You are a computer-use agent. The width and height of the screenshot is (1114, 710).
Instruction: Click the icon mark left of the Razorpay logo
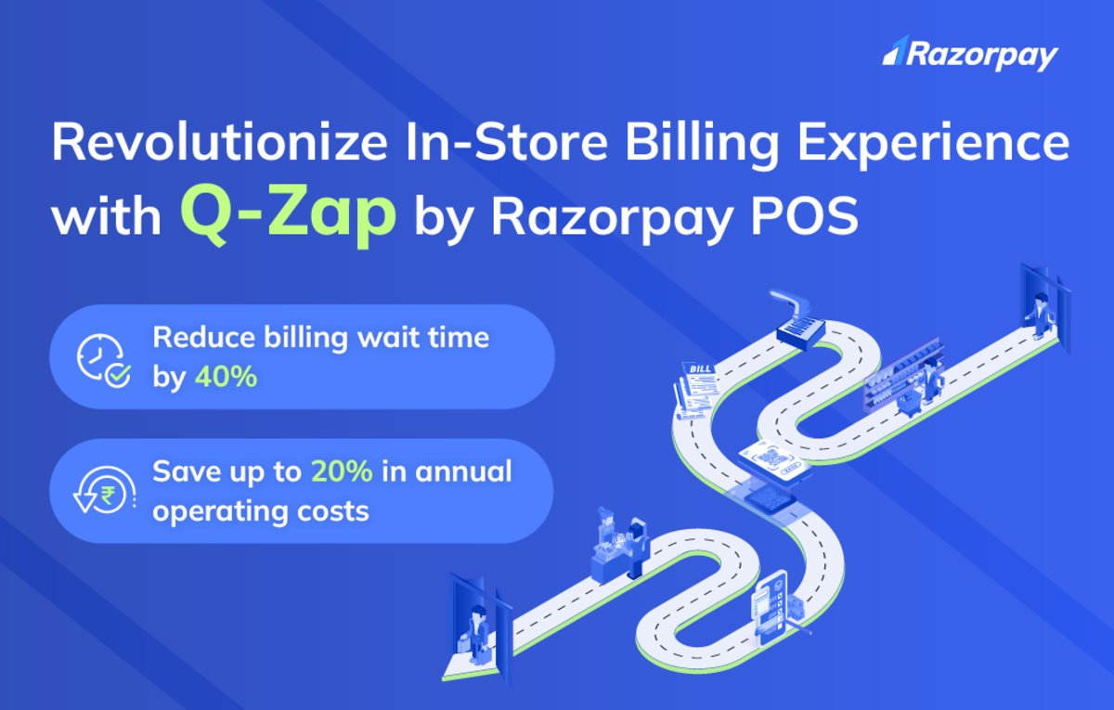click(x=895, y=51)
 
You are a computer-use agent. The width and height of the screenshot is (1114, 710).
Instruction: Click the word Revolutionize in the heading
click(x=220, y=142)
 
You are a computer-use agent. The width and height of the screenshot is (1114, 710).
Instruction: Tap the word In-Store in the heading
click(x=507, y=142)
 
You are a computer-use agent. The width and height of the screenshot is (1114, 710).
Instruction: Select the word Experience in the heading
click(x=934, y=146)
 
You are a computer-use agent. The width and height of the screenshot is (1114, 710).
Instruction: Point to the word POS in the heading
click(x=805, y=216)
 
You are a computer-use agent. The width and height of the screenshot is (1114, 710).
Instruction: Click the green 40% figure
click(x=226, y=377)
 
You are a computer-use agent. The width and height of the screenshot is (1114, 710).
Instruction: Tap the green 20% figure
click(x=342, y=471)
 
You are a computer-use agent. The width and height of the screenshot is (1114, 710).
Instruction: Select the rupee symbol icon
click(x=107, y=495)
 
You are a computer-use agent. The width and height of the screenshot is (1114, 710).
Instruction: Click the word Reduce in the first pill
click(x=204, y=338)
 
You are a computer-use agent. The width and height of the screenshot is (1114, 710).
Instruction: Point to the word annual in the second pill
click(x=463, y=471)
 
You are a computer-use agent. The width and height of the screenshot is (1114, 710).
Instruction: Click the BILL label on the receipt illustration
click(x=700, y=368)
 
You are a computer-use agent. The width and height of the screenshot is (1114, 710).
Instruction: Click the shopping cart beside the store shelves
click(x=910, y=403)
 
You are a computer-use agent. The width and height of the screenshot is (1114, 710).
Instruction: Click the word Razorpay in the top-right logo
click(x=982, y=57)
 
